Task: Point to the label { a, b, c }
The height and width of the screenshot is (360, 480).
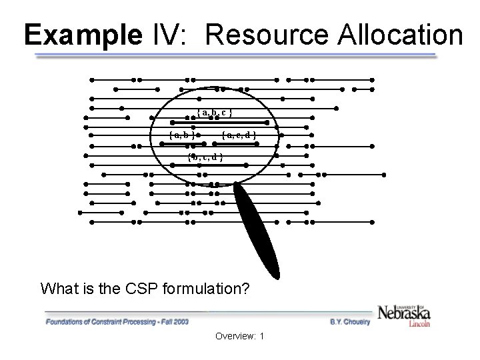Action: (x=214, y=113)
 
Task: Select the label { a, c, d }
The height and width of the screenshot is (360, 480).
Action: (x=239, y=135)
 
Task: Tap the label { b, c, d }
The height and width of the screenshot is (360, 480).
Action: (x=205, y=157)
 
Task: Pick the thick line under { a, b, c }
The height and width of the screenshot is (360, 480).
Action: (x=220, y=123)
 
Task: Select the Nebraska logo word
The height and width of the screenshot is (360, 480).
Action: (x=404, y=313)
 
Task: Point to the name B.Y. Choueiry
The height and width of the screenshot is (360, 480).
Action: (x=351, y=321)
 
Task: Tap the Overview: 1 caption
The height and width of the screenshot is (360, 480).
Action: (x=240, y=336)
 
